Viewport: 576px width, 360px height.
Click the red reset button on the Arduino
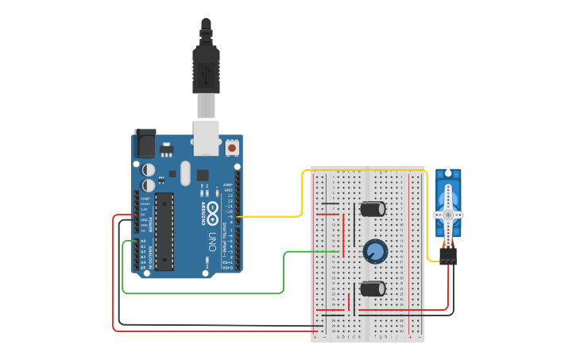(x=232, y=147)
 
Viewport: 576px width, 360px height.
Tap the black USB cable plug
(x=206, y=67)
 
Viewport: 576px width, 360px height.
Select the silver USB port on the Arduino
(x=207, y=137)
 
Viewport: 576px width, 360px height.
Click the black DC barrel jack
(x=145, y=143)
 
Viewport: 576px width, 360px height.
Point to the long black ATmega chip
(x=164, y=231)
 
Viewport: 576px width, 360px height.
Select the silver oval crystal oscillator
(x=186, y=172)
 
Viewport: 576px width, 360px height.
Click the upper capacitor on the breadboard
(x=373, y=209)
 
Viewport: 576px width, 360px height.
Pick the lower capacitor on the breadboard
(x=373, y=288)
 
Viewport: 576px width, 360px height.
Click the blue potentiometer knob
(x=375, y=252)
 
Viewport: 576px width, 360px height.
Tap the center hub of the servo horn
(x=448, y=215)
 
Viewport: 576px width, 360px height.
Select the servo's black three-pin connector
(x=448, y=256)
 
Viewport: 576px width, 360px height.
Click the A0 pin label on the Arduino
(x=143, y=241)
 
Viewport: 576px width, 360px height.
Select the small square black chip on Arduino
(x=203, y=175)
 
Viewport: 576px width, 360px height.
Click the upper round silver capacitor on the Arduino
(x=149, y=169)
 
